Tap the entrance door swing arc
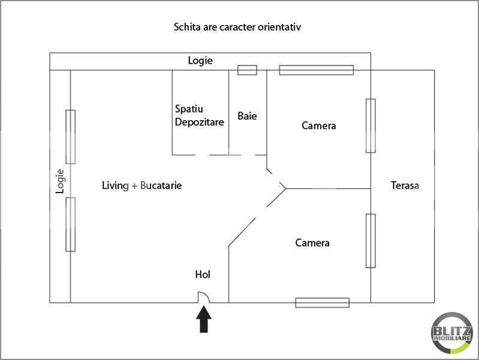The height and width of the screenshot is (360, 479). click(204, 296)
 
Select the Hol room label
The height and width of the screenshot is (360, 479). click(203, 275)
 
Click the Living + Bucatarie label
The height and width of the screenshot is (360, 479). click(141, 186)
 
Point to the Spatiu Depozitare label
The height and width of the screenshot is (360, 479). click(199, 116)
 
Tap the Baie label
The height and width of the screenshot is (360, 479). click(247, 116)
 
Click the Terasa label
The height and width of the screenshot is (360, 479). click(405, 185)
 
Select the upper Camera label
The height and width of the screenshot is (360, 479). click(319, 126)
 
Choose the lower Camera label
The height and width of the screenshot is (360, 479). click(312, 243)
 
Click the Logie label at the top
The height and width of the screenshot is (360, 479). click(200, 61)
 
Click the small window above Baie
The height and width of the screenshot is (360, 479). click(247, 70)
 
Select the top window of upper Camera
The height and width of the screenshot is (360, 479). click(317, 70)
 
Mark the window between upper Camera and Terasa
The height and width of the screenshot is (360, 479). click(370, 126)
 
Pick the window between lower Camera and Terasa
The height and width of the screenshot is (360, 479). click(370, 241)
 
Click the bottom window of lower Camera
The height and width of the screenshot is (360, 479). click(322, 302)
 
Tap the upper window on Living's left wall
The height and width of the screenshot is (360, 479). click(71, 137)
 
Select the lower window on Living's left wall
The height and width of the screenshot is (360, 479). click(71, 224)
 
